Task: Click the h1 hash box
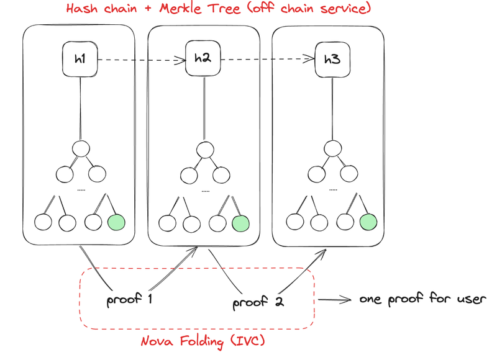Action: click(80, 60)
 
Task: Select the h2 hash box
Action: click(203, 59)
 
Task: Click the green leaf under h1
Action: click(116, 222)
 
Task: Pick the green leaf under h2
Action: click(240, 222)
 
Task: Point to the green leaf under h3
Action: click(368, 222)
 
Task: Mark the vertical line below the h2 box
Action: click(203, 109)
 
